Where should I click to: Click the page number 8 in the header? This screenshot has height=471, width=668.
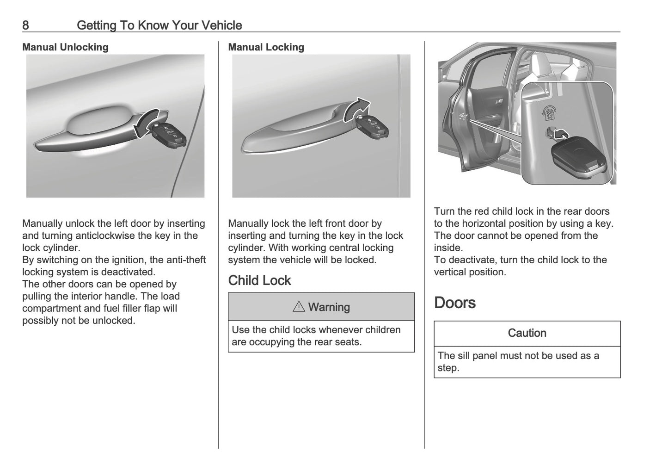25,25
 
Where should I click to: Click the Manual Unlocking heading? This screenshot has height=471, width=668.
65,47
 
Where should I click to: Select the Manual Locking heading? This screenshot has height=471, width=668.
266,47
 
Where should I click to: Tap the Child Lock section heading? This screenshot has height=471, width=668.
259,280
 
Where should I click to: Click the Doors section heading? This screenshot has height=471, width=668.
454,303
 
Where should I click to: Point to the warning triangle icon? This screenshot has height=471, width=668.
299,307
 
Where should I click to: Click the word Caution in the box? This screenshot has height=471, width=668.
527,333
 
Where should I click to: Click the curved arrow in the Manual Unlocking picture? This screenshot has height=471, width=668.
147,122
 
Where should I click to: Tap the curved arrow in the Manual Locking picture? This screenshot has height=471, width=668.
356,109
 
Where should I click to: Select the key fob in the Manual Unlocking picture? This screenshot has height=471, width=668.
172,135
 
